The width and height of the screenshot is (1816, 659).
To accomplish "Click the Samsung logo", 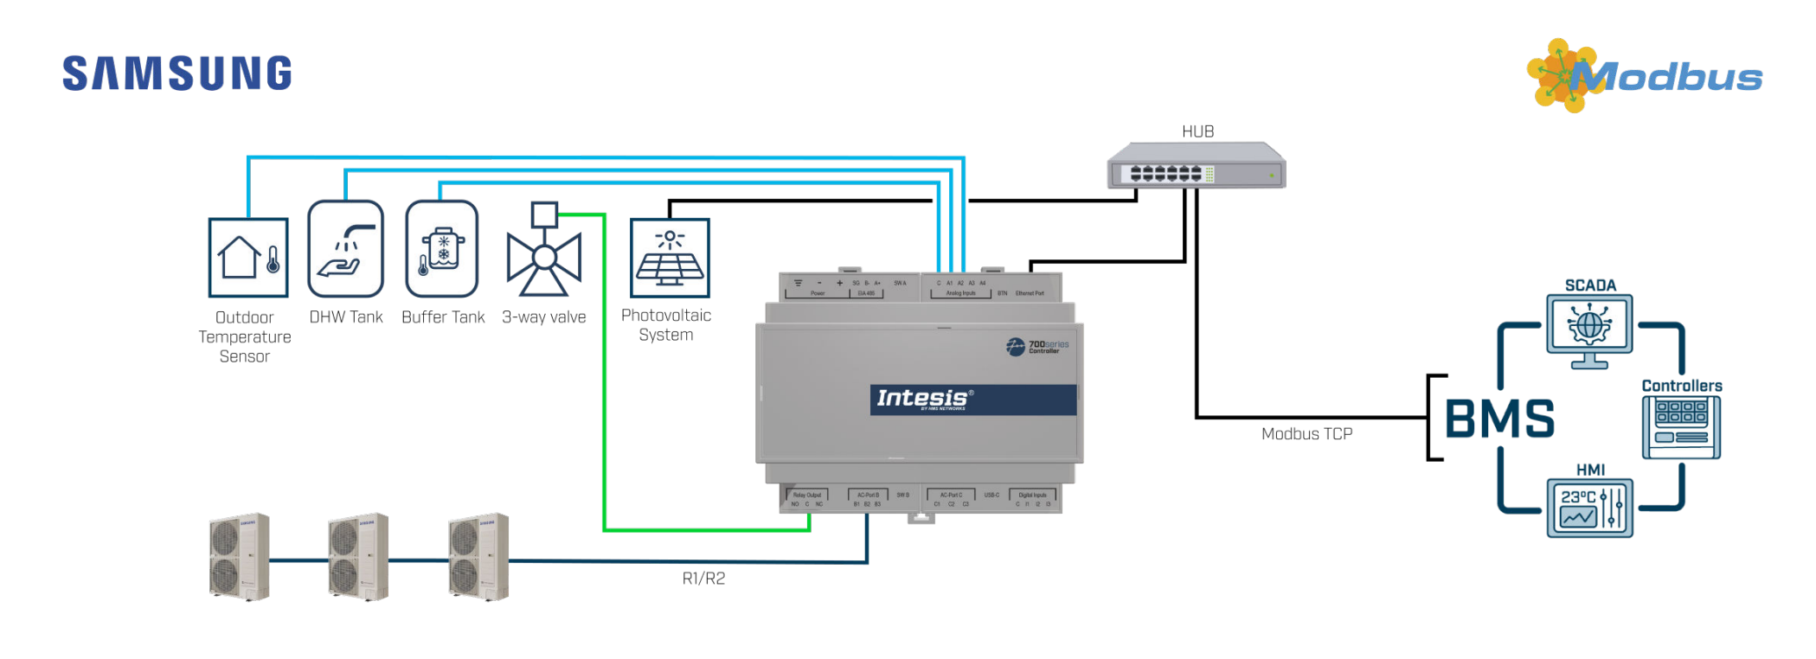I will click(177, 74).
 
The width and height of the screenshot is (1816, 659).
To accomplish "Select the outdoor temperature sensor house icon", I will click(248, 258).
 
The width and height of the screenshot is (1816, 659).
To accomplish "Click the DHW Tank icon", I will click(346, 249).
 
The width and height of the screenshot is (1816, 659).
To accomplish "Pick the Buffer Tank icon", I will click(442, 249).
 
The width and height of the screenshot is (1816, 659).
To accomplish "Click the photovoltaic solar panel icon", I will click(670, 258).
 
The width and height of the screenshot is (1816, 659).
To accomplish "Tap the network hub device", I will click(1197, 167).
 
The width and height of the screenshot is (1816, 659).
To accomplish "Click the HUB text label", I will click(1198, 131).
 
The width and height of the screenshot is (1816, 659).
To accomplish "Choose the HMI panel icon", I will click(1590, 509).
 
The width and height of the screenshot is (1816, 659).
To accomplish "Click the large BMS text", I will click(1499, 419).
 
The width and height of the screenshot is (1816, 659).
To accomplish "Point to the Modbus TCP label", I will click(1306, 434).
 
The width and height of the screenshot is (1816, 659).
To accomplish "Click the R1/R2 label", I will click(703, 579).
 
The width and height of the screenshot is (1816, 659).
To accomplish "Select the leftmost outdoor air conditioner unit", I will click(240, 557).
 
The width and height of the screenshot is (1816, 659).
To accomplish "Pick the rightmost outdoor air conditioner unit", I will click(478, 557).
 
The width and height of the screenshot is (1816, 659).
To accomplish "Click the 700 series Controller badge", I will click(1037, 347).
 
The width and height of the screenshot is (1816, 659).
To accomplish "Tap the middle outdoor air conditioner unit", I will click(358, 557).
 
